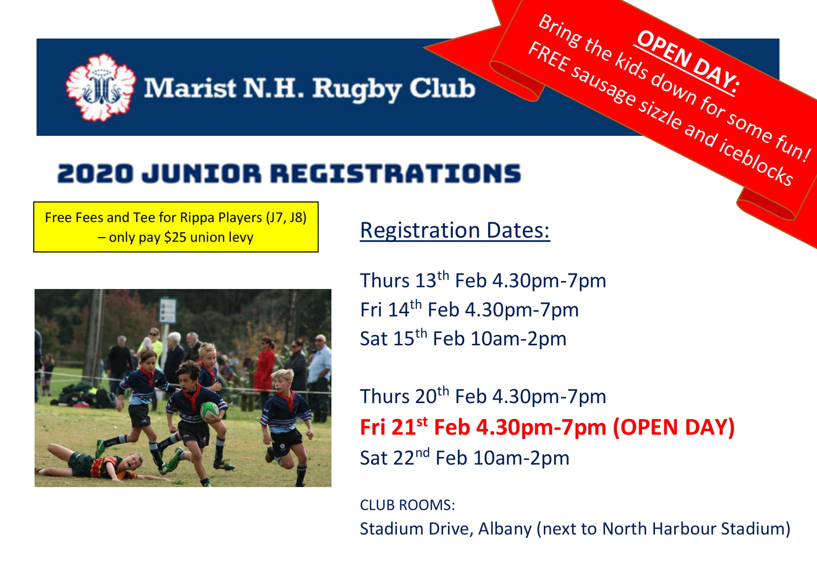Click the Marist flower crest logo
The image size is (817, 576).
tap(101, 87)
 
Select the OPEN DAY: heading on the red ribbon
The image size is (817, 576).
tap(688, 62)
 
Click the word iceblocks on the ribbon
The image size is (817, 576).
tap(756, 161)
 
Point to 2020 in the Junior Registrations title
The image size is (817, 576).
tap(95, 173)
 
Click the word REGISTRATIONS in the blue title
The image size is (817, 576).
tap(396, 173)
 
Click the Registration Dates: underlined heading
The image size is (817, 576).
tap(455, 231)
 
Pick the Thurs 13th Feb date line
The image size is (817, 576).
tap(483, 280)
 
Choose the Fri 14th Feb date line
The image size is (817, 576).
tap(469, 309)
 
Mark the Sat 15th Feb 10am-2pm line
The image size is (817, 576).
tap(463, 338)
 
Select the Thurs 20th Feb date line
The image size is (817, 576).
tap(483, 396)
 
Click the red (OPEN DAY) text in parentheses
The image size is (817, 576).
tap(674, 427)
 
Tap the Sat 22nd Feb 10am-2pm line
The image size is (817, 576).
tap(465, 457)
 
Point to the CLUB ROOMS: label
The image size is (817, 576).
tap(408, 505)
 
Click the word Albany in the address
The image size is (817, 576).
tap(505, 529)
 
